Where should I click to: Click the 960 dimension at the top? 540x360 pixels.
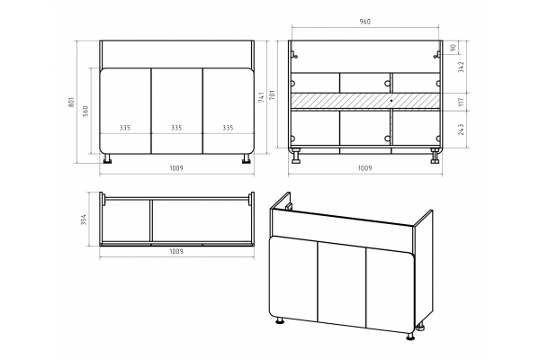(x=365, y=22)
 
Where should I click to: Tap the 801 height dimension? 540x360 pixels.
(x=71, y=102)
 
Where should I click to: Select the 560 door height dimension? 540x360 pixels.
(x=85, y=111)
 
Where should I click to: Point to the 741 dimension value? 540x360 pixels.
(x=261, y=97)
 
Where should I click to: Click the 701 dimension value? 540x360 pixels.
(x=272, y=95)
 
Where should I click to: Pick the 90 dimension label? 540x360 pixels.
(x=453, y=47)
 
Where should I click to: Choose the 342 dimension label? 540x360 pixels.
(x=462, y=67)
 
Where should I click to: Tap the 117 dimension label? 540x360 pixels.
(x=462, y=102)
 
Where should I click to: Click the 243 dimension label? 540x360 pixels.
(x=462, y=130)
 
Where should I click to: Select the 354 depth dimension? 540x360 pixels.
(x=84, y=220)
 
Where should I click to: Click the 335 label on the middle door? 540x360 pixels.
(x=176, y=128)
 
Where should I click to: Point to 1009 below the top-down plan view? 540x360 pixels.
(x=176, y=251)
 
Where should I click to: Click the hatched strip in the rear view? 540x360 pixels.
(x=365, y=101)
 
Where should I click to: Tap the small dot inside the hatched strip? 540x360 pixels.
(x=391, y=101)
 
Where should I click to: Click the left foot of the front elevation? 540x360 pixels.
(x=108, y=158)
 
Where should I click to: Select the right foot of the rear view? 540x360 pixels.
(x=435, y=156)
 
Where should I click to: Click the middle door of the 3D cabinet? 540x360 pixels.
(x=342, y=285)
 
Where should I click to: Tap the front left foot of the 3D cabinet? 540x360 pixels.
(x=280, y=321)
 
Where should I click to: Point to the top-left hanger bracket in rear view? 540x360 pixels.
(x=293, y=55)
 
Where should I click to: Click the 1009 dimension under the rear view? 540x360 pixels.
(x=365, y=168)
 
